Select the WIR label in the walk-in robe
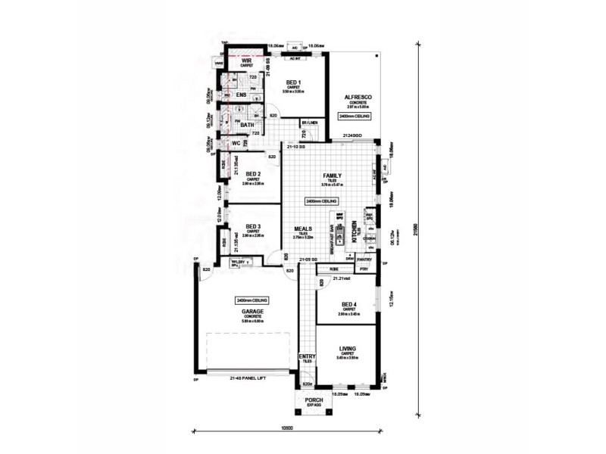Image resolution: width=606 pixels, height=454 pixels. [x=246, y=61]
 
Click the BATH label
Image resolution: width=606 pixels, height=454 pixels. [x=247, y=126]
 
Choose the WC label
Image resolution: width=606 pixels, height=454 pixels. [x=236, y=143]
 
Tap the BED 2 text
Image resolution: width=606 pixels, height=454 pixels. [x=254, y=173]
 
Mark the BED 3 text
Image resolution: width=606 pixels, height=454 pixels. [x=254, y=226]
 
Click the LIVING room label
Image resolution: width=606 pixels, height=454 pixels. [x=348, y=349]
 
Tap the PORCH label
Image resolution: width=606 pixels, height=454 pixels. [x=314, y=400]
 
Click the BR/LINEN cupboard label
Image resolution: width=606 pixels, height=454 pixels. [x=309, y=122]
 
